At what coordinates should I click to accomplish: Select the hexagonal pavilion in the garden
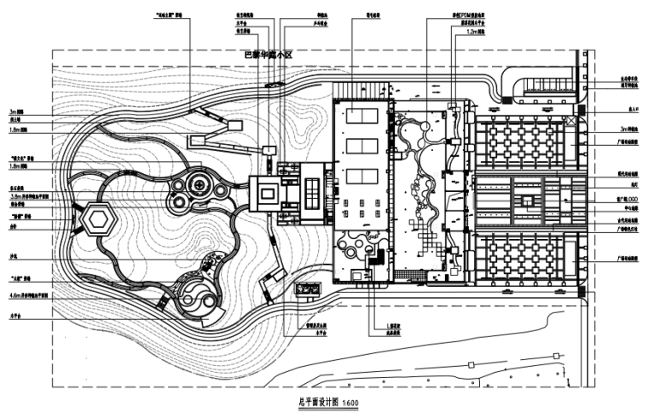[99, 219]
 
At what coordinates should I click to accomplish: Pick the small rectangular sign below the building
[307, 290]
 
